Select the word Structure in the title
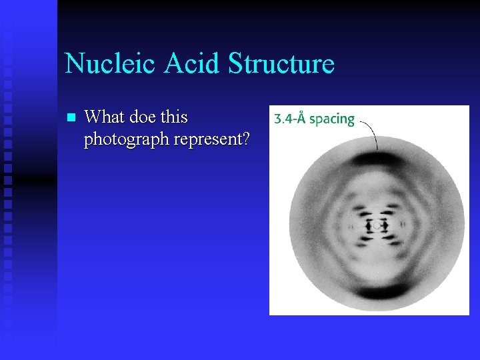281,64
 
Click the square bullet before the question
72,118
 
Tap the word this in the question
174,117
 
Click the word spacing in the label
332,119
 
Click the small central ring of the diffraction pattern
377,225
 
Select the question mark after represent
246,139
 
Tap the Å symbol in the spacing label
301,118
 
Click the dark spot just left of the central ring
367,226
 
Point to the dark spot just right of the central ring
387,226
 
